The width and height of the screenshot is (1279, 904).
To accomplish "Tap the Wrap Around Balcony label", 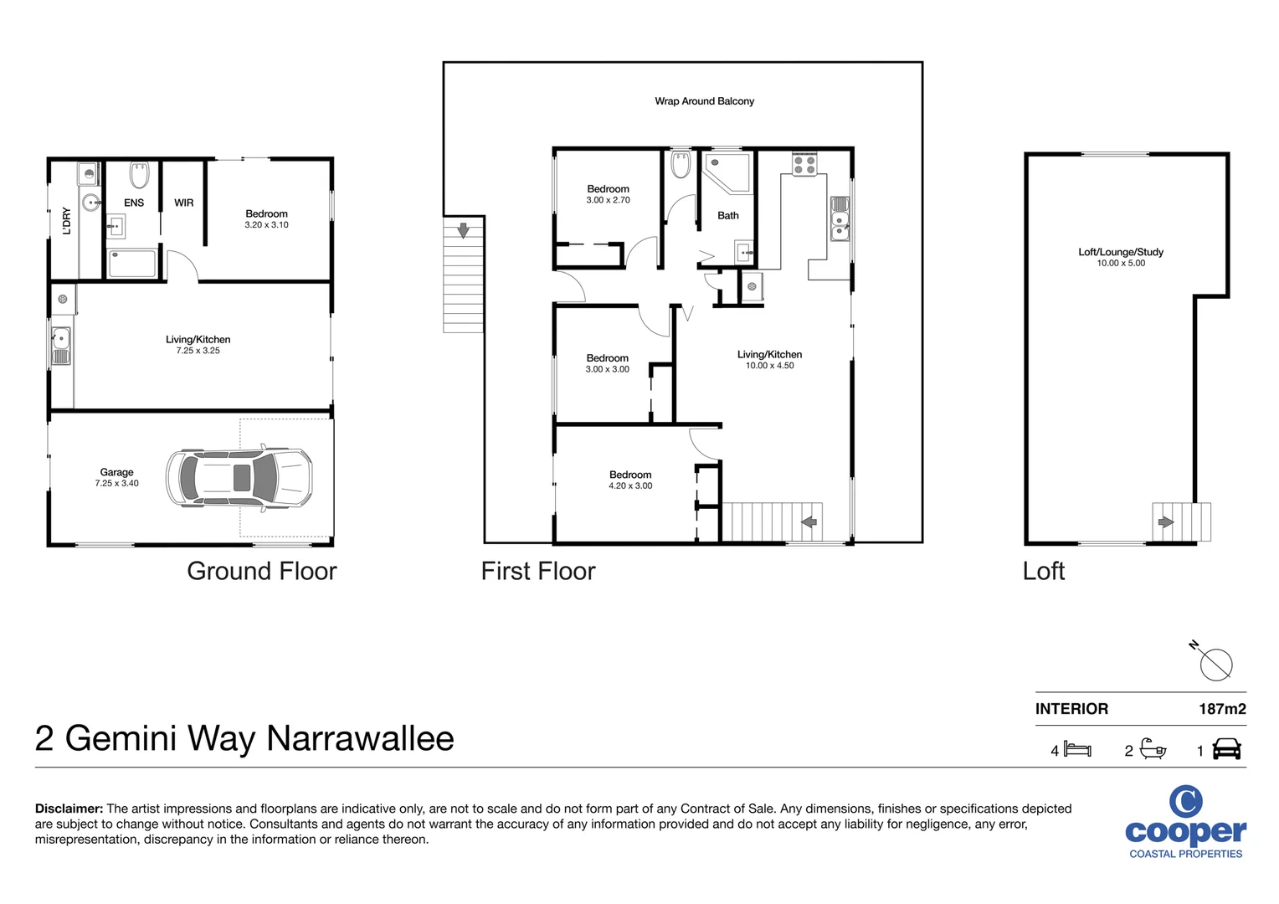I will [704, 101].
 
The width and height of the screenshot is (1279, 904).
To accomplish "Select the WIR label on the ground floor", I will [183, 203].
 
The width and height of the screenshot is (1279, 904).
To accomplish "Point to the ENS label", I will [134, 203].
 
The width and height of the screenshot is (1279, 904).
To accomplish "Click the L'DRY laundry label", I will [67, 220].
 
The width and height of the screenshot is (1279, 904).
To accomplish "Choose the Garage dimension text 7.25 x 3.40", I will [116, 484].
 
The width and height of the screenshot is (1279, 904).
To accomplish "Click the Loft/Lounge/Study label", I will [1120, 252].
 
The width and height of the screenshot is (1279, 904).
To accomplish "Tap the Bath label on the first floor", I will [727, 216].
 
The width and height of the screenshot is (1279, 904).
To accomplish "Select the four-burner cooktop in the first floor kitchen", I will [804, 164].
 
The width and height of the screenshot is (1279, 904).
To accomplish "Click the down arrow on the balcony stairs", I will [463, 229].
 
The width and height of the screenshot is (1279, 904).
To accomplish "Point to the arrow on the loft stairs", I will [1165, 522].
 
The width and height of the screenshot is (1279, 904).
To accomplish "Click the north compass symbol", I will [1215, 664].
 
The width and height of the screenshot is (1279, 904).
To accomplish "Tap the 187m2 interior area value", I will [1221, 709].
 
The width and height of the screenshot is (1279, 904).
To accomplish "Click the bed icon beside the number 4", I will [1077, 750].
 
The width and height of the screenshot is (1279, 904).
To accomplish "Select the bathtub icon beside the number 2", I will [1153, 749].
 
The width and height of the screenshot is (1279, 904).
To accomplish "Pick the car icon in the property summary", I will [1226, 749].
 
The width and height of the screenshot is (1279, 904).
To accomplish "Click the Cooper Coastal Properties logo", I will [1185, 823].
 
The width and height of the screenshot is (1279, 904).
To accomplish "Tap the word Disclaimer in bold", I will [69, 809].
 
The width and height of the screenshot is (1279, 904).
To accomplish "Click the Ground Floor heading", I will [261, 571].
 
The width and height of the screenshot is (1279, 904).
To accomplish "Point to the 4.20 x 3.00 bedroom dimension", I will [630, 486].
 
